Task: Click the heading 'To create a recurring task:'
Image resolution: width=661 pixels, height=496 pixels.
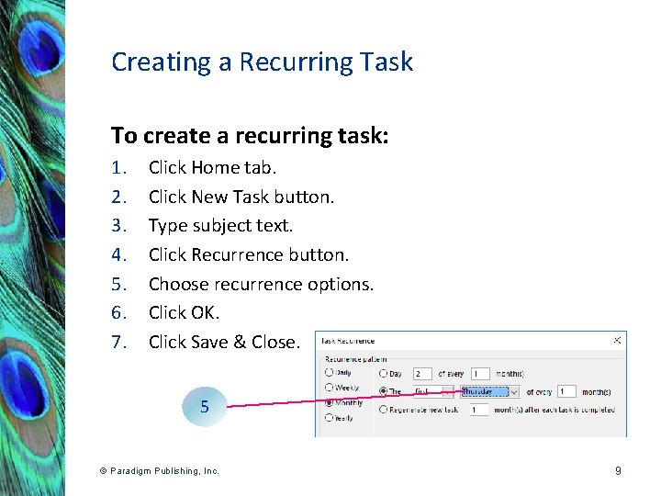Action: (x=250, y=136)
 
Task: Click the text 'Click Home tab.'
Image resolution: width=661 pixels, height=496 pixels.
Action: (x=212, y=167)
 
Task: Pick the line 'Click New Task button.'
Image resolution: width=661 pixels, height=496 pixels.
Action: (x=241, y=197)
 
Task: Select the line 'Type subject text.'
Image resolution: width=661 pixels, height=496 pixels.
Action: (x=221, y=225)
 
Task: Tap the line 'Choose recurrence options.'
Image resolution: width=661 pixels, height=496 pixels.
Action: (x=261, y=284)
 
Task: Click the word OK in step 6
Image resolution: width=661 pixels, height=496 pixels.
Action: (x=204, y=312)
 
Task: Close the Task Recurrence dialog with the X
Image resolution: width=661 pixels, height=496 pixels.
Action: (x=617, y=340)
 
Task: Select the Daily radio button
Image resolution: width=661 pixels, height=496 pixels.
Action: (x=329, y=373)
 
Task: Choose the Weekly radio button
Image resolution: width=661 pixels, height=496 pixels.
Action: (x=329, y=389)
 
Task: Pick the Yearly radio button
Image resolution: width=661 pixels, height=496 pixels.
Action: (x=329, y=418)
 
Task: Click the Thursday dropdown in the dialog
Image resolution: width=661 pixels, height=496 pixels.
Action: (x=489, y=391)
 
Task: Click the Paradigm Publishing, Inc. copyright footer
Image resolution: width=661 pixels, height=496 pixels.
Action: (x=160, y=471)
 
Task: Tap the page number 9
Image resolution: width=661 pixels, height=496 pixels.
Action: (x=618, y=471)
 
